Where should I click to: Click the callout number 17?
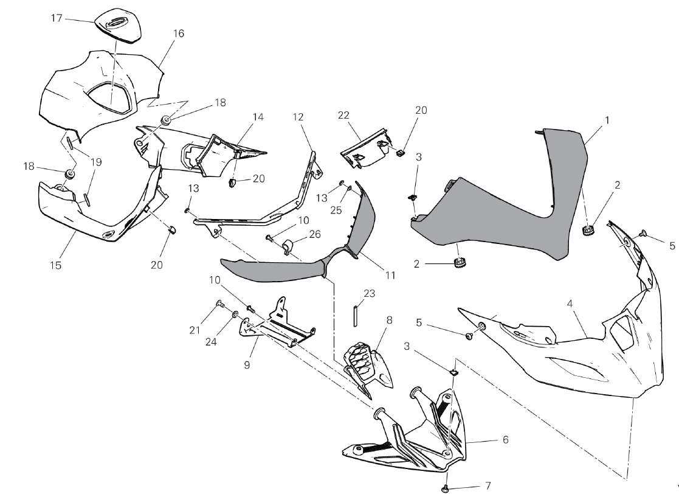pos(57,18)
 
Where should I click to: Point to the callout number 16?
pos(178,33)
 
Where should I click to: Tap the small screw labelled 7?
pos(446,487)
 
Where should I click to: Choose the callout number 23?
pos(369,293)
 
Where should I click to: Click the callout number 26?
pos(315,234)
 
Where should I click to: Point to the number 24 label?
pos(210,342)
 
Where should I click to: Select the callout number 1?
pos(607,120)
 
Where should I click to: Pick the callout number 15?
pos(56,265)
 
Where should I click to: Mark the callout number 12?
pos(298,116)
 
